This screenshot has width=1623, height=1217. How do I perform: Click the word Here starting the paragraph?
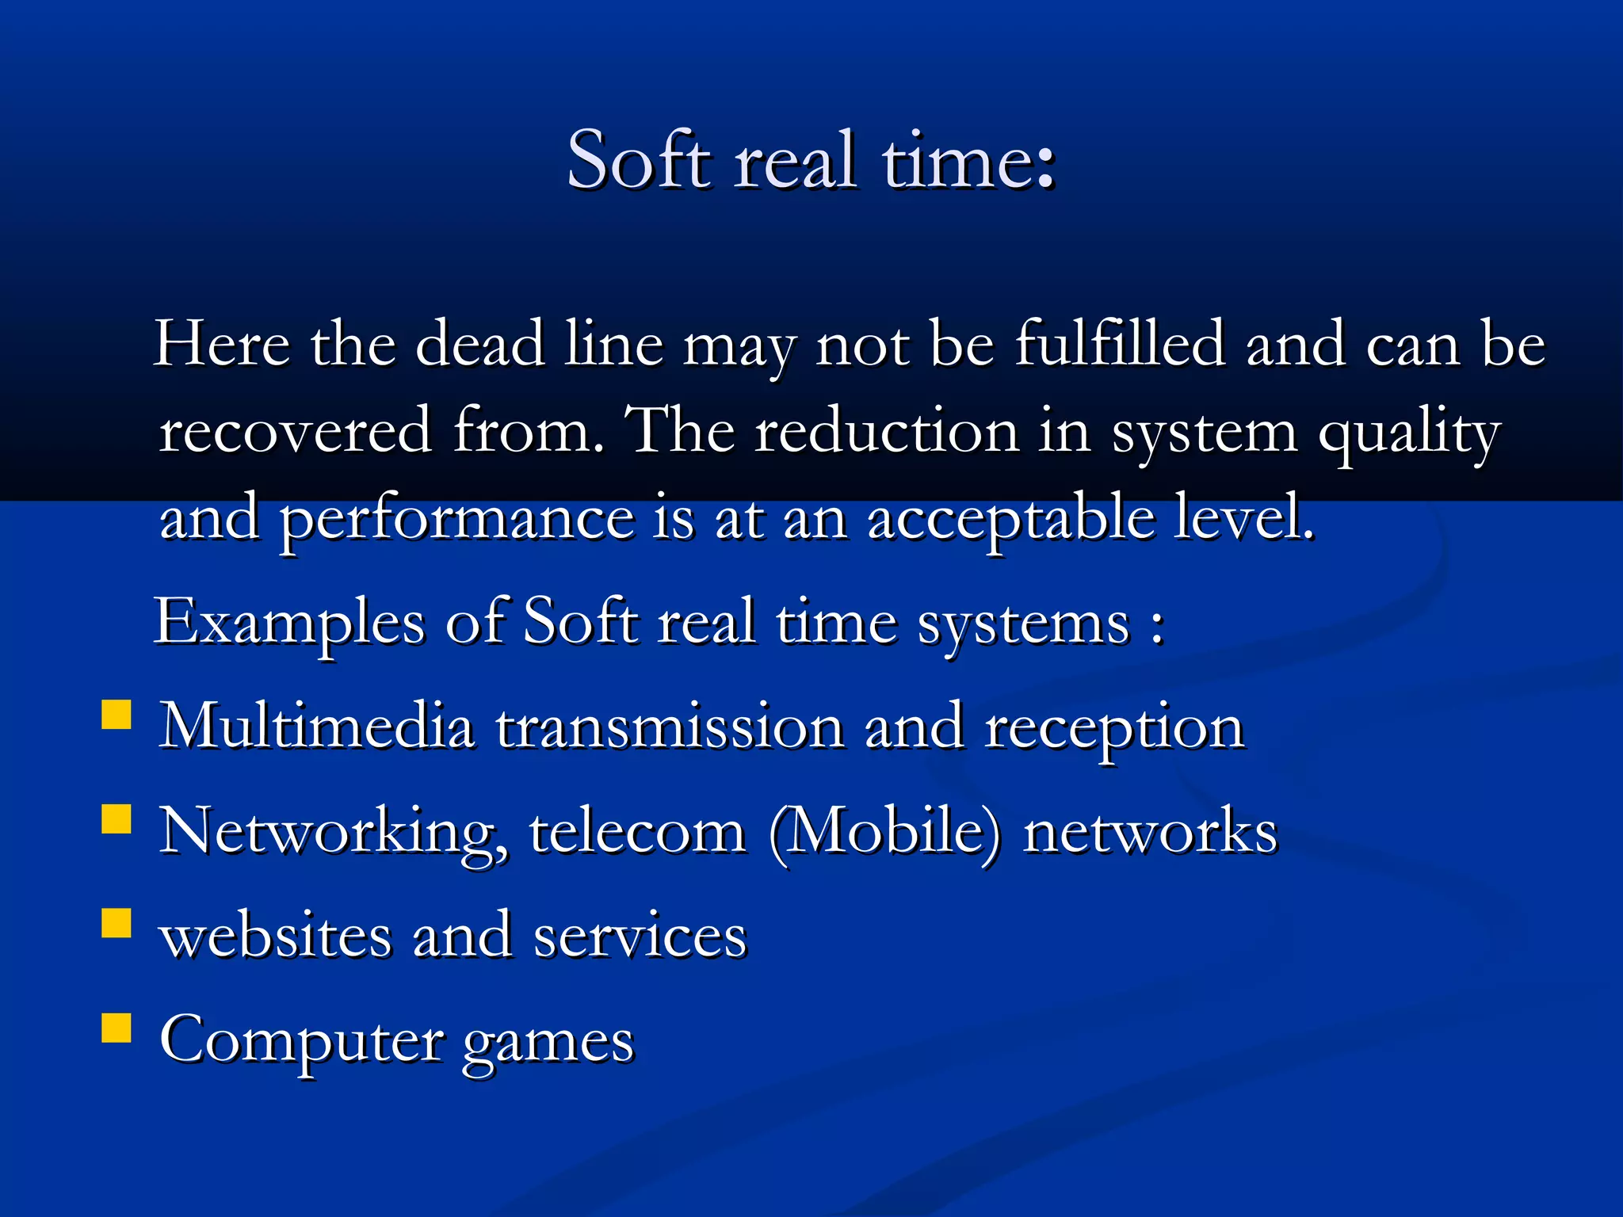[222, 344]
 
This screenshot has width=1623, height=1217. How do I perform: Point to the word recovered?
[296, 431]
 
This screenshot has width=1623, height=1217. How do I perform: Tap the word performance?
[457, 519]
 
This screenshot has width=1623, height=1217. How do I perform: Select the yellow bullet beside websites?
[116, 923]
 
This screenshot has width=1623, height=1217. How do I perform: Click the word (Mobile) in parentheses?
[885, 832]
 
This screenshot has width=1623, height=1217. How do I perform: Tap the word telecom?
[637, 832]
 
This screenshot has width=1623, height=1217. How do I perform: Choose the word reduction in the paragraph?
[886, 431]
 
